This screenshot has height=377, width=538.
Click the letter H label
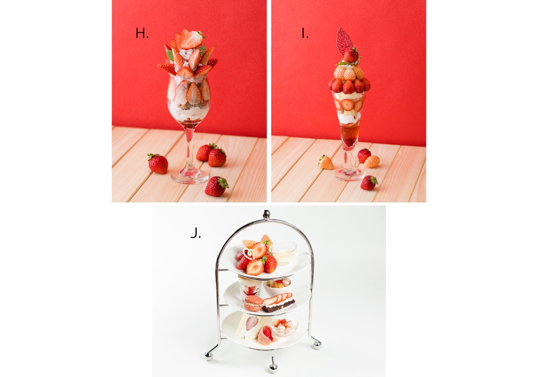coord(142,33)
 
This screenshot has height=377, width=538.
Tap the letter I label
coord(305,33)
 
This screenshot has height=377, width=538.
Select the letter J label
coord(195,232)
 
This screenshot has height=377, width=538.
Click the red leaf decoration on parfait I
coord(344,42)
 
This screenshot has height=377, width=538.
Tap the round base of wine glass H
coord(190,177)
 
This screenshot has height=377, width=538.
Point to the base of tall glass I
coord(349,175)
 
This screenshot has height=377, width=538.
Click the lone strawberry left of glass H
coord(158,163)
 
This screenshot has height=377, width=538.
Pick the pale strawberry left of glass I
coord(326,162)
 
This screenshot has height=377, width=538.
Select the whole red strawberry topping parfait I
coord(351,55)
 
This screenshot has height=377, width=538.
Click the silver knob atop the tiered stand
coord(266,215)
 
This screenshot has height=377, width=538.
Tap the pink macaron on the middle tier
coord(253,303)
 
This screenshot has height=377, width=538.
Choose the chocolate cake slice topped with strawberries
coord(278,302)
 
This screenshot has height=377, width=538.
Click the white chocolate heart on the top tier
coord(249,254)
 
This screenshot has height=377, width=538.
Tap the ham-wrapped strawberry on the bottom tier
coord(267,335)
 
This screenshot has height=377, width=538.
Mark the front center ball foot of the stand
coord(273,368)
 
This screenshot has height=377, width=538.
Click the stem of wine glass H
coord(190,149)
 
